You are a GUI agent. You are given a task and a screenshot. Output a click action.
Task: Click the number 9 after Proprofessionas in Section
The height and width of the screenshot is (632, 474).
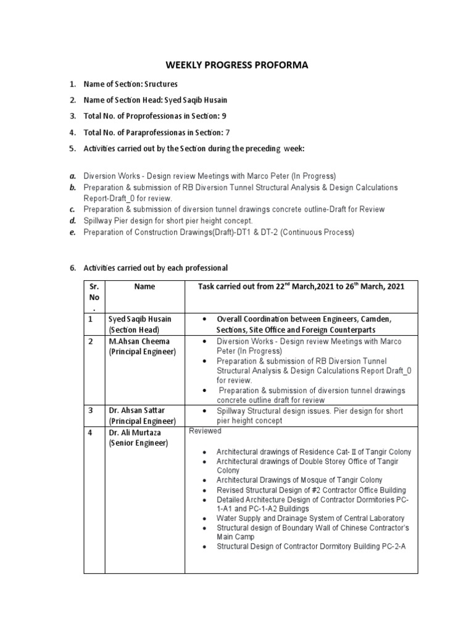click(x=215, y=116)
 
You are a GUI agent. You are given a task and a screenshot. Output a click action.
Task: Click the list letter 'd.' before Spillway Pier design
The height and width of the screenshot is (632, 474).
click(x=72, y=220)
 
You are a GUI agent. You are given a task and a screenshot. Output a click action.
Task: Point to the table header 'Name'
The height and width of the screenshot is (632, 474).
click(x=144, y=286)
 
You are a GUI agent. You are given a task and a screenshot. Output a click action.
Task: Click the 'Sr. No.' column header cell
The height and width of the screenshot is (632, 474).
click(x=94, y=297)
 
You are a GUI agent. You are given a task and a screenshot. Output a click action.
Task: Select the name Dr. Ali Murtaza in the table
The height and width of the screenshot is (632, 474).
click(x=133, y=433)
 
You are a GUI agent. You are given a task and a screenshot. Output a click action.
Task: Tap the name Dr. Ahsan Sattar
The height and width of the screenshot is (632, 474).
click(x=136, y=410)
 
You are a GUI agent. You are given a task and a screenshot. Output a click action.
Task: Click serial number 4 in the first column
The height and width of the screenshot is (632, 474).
click(x=90, y=433)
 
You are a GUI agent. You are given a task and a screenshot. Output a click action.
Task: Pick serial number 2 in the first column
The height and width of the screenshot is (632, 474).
click(x=90, y=341)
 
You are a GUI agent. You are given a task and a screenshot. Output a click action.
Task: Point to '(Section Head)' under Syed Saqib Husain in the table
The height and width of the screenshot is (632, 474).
click(x=134, y=330)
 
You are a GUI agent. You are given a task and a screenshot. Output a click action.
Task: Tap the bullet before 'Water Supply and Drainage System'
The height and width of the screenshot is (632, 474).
click(x=204, y=518)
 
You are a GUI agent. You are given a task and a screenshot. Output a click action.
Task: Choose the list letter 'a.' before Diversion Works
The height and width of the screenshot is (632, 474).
click(x=72, y=176)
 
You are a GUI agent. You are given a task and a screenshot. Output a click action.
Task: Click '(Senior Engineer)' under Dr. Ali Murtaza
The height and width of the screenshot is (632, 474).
click(x=138, y=443)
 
